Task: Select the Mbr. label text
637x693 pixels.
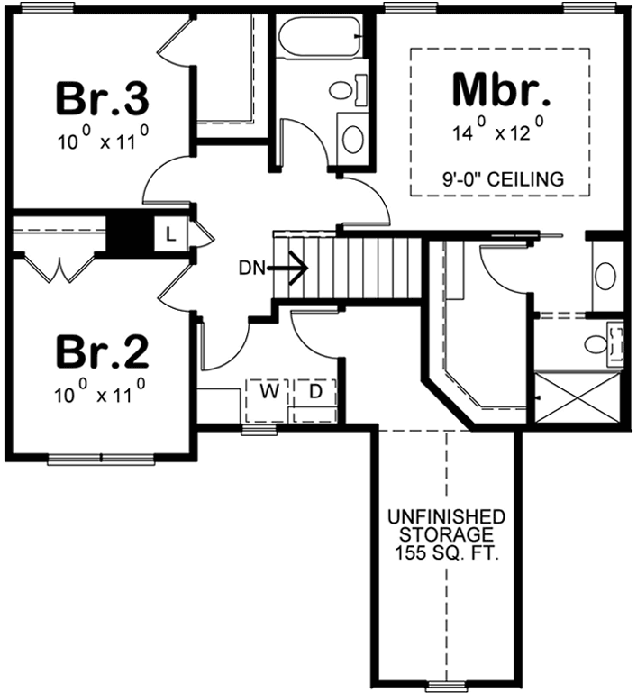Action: pos(500,90)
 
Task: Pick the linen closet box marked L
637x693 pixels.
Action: pos(171,235)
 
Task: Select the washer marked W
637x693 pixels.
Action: pos(268,393)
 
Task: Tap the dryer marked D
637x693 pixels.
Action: pos(316,393)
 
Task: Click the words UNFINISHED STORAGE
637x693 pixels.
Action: pos(445,528)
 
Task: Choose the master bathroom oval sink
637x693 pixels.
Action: pos(605,275)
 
